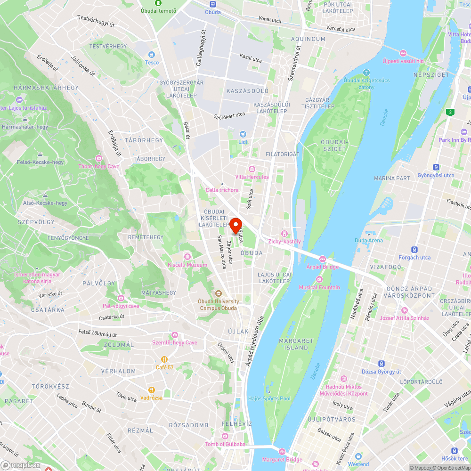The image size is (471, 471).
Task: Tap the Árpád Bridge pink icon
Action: pos(323,259)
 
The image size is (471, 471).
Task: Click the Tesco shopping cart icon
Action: pos(152,55)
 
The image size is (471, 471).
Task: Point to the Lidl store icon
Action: pos(243,134)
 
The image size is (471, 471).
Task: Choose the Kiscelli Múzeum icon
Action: pos(187,257)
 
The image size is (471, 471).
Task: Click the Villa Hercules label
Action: pos(252,177)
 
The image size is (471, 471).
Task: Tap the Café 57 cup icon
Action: pos(162,359)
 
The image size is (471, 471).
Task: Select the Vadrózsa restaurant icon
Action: pos(152,390)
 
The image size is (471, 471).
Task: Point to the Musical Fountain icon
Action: pos(319,279)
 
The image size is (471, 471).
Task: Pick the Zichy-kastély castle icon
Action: pos(284,234)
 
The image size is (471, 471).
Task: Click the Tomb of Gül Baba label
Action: pos(225,444)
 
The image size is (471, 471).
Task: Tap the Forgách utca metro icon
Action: pos(414,250)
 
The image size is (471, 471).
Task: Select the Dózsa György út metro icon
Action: pos(381,364)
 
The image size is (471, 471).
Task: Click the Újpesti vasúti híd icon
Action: pos(403,53)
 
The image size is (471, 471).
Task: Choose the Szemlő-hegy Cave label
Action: pos(175,342)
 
